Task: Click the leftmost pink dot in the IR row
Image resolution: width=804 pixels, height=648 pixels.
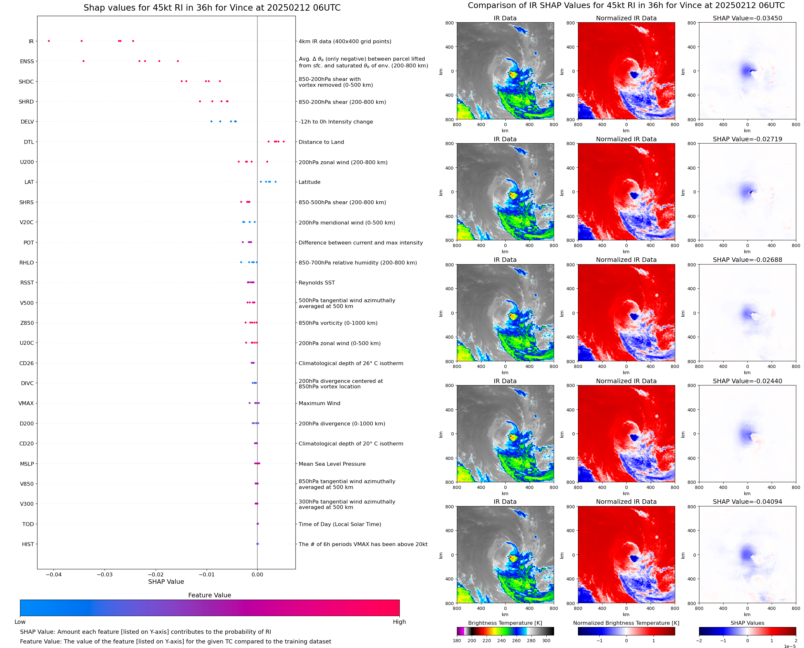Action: coord(49,41)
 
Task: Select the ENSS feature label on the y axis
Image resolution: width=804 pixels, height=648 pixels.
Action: coord(27,61)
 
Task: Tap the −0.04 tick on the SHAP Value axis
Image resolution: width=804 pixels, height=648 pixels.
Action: coord(53,574)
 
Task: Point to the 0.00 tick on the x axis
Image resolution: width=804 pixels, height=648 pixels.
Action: coord(257,574)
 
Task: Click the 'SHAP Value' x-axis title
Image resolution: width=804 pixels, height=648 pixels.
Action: coord(166,582)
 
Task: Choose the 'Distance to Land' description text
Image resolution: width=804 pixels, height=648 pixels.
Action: coord(321,142)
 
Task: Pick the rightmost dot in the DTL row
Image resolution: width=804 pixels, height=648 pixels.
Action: coord(283,142)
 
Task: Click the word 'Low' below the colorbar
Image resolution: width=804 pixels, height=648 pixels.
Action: coord(20,622)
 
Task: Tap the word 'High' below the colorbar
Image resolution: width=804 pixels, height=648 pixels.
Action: coord(399,622)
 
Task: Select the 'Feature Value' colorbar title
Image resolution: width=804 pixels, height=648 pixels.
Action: coord(209,595)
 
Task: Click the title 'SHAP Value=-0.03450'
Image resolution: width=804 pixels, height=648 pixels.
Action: coord(747,18)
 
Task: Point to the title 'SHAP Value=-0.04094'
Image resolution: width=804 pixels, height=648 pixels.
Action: coord(747,502)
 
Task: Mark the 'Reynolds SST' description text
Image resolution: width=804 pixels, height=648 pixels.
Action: coord(316,283)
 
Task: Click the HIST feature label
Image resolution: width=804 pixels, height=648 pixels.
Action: coord(28,544)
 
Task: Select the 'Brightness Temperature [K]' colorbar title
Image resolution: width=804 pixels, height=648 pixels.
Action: coord(505,623)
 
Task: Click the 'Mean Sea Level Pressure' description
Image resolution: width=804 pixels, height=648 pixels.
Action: coord(332,464)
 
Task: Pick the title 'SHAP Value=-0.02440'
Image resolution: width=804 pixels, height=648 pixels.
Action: coord(747,381)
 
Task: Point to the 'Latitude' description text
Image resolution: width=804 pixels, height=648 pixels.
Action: coord(309,182)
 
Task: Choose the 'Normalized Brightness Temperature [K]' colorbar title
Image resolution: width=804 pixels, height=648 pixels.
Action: coord(626,623)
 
